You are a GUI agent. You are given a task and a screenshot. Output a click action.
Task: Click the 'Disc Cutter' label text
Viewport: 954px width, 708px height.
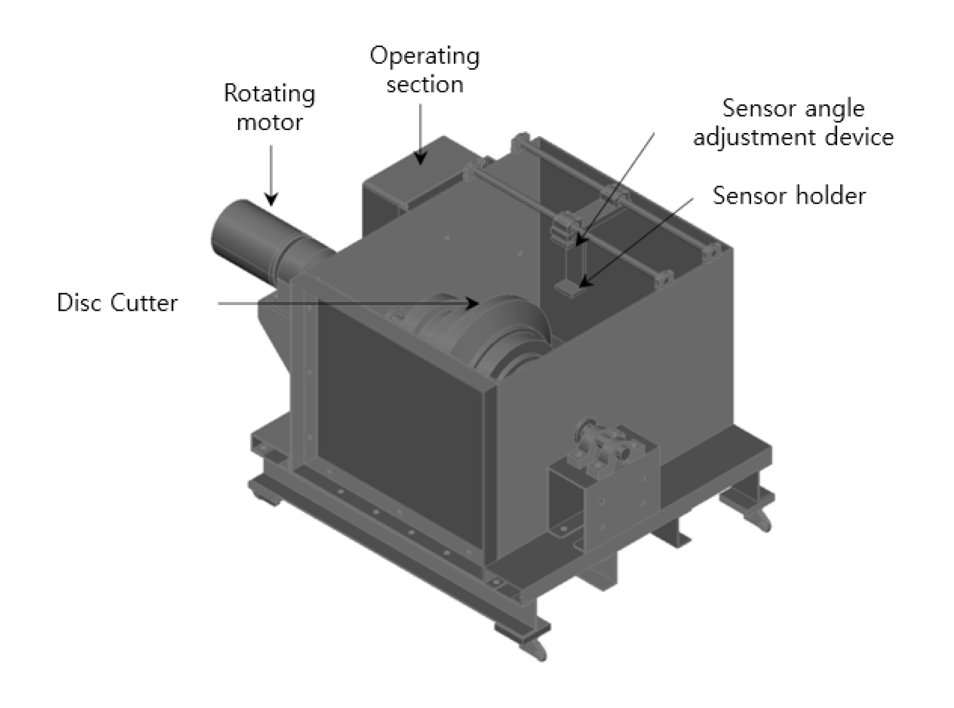(x=117, y=303)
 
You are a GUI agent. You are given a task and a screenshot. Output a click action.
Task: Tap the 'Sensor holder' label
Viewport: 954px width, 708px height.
(x=789, y=196)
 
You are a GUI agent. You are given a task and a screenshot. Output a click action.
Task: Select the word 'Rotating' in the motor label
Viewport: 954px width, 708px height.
(x=270, y=94)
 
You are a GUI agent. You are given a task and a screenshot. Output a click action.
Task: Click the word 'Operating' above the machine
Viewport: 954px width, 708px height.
(x=424, y=57)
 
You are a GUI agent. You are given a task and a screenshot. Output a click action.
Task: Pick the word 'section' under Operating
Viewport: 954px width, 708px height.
(x=425, y=84)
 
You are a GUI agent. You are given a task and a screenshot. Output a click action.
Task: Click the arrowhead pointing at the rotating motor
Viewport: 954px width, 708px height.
(x=271, y=199)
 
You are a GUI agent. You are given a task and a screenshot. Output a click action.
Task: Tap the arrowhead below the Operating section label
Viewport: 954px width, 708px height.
(x=420, y=158)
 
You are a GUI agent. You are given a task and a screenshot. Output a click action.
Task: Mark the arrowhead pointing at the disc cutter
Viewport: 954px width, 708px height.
(x=473, y=303)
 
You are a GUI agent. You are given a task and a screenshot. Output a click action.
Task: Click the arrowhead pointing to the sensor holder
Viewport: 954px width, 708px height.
(x=585, y=281)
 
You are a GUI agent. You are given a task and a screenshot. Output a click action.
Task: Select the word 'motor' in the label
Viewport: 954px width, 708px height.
(x=270, y=123)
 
